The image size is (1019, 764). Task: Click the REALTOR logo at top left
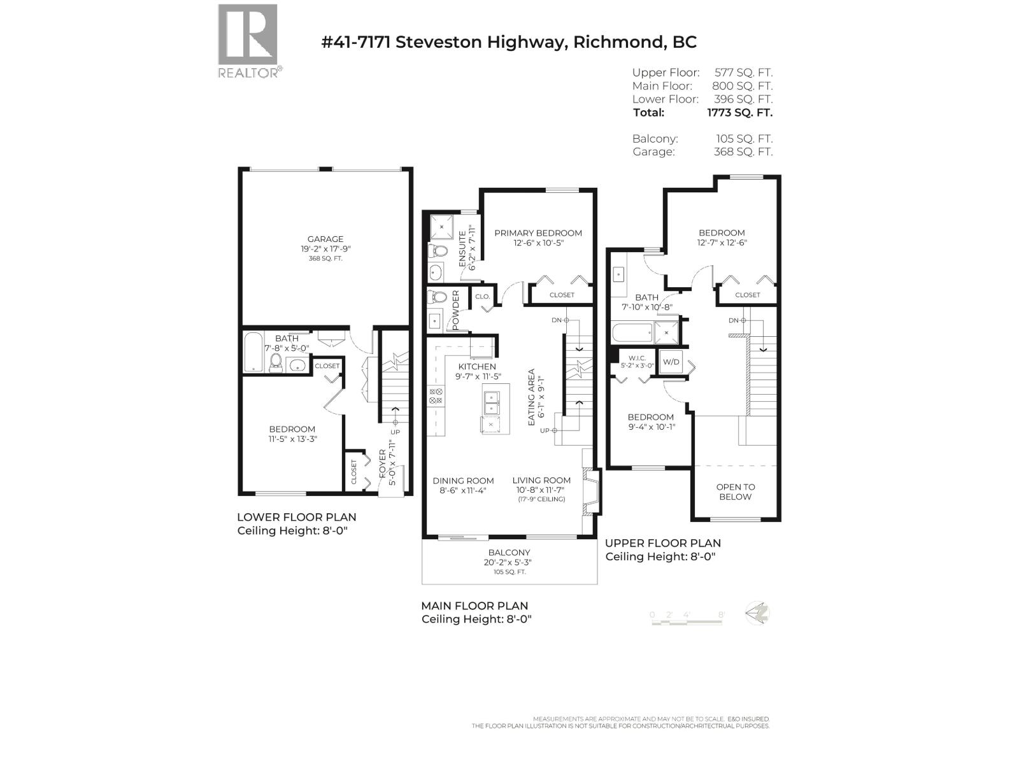pyautogui.click(x=248, y=41)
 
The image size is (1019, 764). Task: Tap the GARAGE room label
pyautogui.click(x=325, y=239)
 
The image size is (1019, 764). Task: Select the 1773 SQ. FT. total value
pyautogui.click(x=739, y=113)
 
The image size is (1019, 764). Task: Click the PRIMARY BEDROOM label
pyautogui.click(x=538, y=233)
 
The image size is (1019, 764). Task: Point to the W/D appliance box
pyautogui.click(x=671, y=362)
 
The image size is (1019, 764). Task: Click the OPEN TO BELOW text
pyautogui.click(x=736, y=492)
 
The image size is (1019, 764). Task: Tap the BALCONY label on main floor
pyautogui.click(x=509, y=553)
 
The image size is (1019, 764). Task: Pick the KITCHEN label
pyautogui.click(x=477, y=367)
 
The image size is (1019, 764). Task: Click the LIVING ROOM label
pyautogui.click(x=541, y=481)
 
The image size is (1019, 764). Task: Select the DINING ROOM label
pyautogui.click(x=463, y=481)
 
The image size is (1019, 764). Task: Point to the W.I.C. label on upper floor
pyautogui.click(x=637, y=358)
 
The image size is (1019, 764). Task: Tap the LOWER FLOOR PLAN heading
pyautogui.click(x=297, y=517)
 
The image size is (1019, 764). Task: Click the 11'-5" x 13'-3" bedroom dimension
pyautogui.click(x=292, y=439)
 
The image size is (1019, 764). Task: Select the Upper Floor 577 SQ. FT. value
pyautogui.click(x=743, y=73)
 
